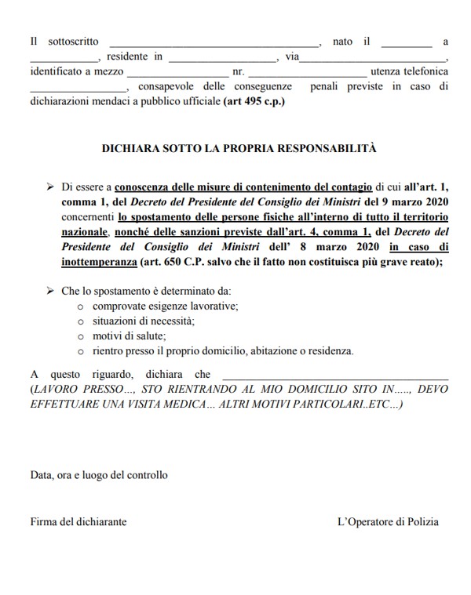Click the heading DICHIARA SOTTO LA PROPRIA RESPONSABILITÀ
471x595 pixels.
pos(239,147)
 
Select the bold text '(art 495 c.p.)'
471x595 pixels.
pos(252,102)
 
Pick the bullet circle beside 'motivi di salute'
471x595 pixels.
pos(81,336)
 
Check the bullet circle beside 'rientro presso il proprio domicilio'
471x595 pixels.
pos(81,350)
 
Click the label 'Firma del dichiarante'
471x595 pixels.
pos(78,521)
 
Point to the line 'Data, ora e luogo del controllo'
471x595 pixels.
pos(99,474)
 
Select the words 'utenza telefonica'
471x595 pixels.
pos(410,72)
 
